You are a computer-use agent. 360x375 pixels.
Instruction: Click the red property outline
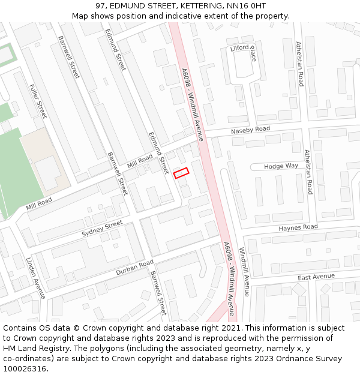[x=181, y=172]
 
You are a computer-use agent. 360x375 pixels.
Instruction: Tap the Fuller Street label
[x=38, y=101]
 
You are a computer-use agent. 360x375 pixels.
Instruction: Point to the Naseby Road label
[x=251, y=130]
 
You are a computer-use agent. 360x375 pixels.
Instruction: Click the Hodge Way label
[x=281, y=166]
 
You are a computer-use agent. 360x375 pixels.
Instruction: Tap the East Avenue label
[x=316, y=277]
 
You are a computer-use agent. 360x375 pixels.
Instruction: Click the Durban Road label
[x=135, y=268]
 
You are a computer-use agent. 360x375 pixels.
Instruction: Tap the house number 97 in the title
[x=100, y=5]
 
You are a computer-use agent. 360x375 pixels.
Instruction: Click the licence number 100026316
[x=25, y=369]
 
